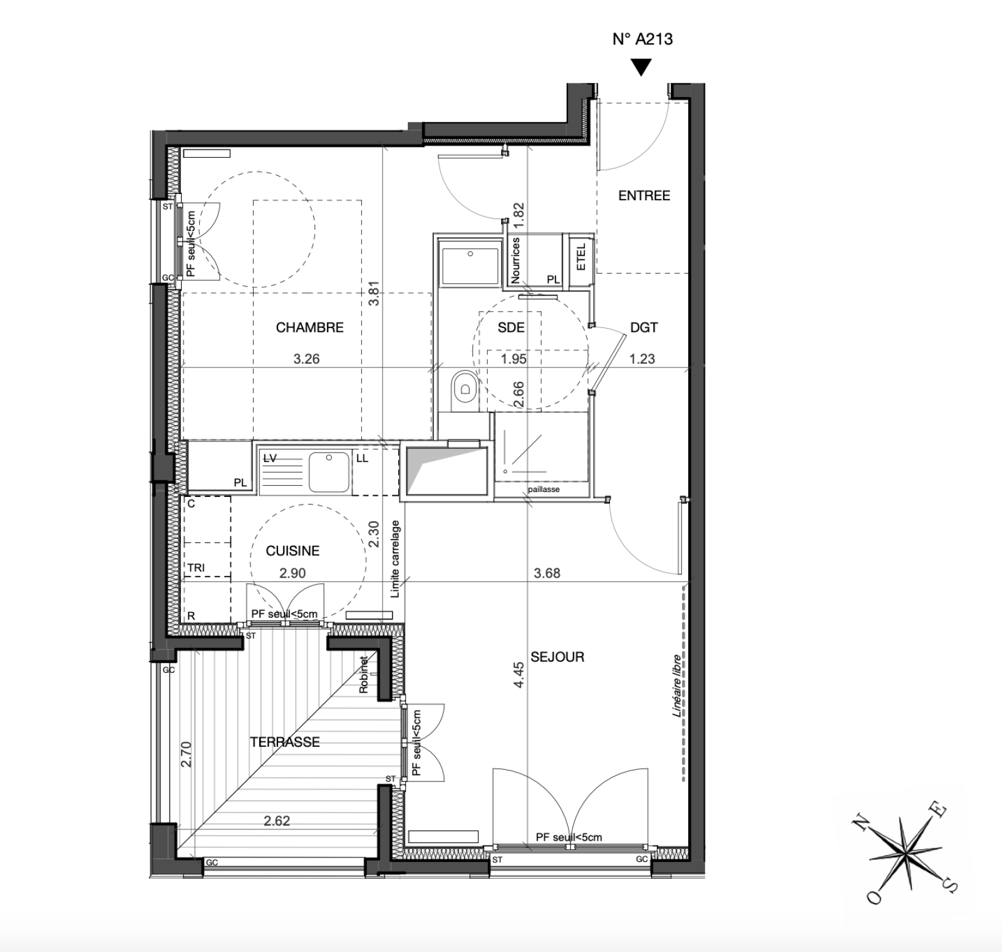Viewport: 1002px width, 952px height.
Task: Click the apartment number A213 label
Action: click(x=643, y=39)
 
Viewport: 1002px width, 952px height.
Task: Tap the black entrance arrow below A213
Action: click(x=641, y=67)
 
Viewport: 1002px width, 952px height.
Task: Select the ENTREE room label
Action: click(x=644, y=196)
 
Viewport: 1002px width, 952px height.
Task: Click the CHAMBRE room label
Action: click(x=310, y=327)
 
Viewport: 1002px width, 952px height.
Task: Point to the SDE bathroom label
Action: click(x=511, y=327)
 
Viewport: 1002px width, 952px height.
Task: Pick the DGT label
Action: click(x=644, y=327)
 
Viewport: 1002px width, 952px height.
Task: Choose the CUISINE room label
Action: click(x=292, y=551)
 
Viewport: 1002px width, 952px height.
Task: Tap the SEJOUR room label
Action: click(x=557, y=657)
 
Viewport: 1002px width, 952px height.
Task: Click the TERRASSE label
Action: click(x=285, y=742)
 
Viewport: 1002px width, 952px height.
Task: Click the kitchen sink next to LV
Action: click(x=329, y=471)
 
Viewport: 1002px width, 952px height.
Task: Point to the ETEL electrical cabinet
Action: click(x=580, y=257)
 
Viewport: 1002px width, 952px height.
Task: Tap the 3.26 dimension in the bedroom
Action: click(x=307, y=359)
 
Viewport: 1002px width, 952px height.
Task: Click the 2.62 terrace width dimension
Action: click(x=277, y=821)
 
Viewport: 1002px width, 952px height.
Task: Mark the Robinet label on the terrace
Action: click(x=363, y=674)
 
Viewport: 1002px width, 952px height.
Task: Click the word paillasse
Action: click(x=544, y=489)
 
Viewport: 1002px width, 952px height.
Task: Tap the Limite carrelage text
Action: click(x=395, y=559)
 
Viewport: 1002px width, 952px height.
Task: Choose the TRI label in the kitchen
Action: click(x=196, y=568)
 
